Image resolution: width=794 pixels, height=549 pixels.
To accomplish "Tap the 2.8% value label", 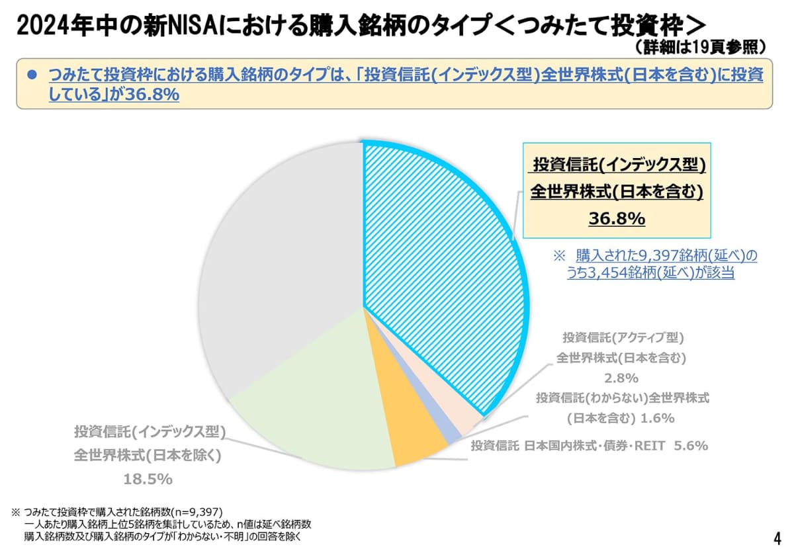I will point(621,378).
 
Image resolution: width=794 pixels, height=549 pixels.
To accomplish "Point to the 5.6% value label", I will point(691,446).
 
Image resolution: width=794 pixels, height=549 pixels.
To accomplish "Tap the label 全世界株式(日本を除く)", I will point(147,456).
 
